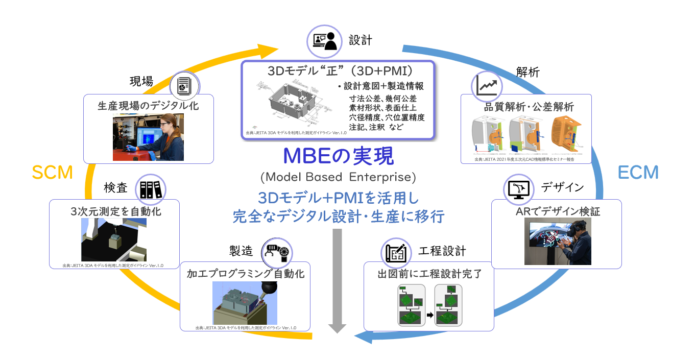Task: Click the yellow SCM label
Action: pos(52,173)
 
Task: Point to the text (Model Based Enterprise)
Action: pos(338,177)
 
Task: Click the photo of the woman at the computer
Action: pos(148,137)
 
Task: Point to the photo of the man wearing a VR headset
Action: pos(558,243)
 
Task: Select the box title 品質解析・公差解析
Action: pos(526,108)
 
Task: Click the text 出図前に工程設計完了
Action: pos(429,274)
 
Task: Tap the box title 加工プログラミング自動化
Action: pos(246,274)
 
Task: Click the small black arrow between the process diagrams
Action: pos(429,315)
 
